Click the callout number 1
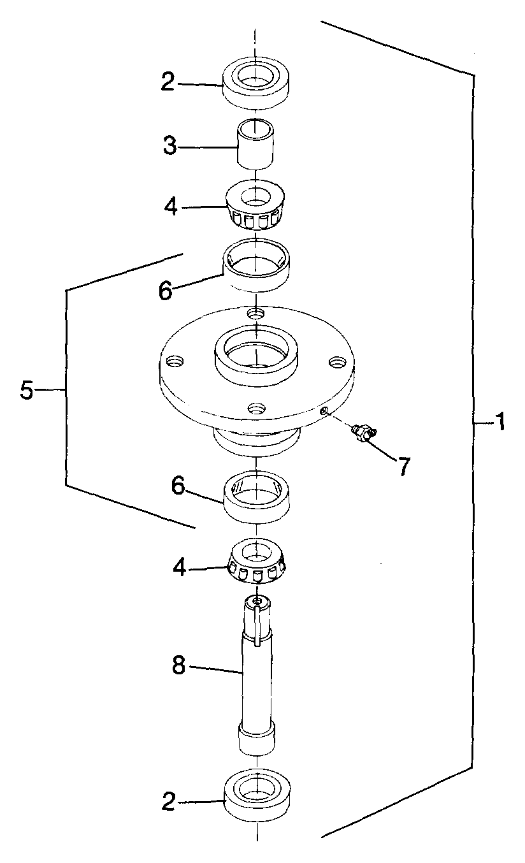pyautogui.click(x=500, y=422)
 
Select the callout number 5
pyautogui.click(x=27, y=390)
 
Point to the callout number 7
pyautogui.click(x=403, y=466)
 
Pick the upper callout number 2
pyautogui.click(x=168, y=82)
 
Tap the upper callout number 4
pyautogui.click(x=171, y=207)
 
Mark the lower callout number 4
pyautogui.click(x=180, y=567)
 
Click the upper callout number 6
pyautogui.click(x=166, y=291)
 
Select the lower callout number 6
pyautogui.click(x=178, y=486)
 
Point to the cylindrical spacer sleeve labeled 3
pyautogui.click(x=255, y=143)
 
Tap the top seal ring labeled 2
pyautogui.click(x=256, y=82)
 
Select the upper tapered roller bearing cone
pyautogui.click(x=255, y=205)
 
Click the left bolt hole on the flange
pyautogui.click(x=175, y=361)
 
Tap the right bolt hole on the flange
pyautogui.click(x=337, y=362)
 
